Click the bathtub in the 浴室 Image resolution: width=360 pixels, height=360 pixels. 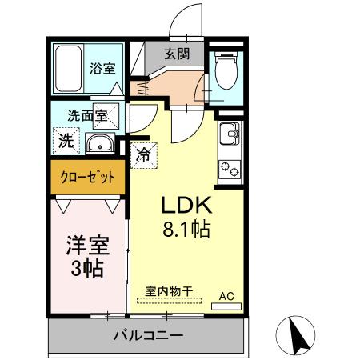click(68, 66)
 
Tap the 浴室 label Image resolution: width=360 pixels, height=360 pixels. click(101, 68)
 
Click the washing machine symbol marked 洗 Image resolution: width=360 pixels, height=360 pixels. click(65, 141)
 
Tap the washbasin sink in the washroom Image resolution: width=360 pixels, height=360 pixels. click(99, 143)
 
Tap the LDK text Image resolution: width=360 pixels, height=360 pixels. click(187, 204)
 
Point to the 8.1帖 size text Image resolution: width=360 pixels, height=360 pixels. click(187, 230)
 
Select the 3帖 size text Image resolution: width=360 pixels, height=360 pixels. click(86, 268)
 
